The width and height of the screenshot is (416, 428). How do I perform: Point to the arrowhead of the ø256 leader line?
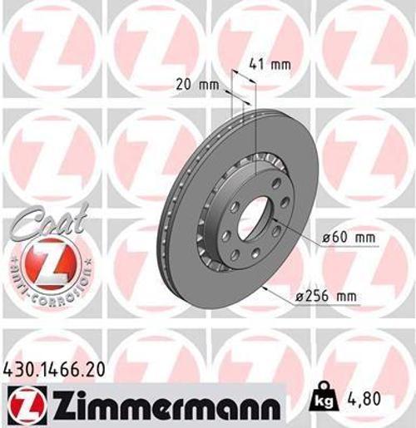coord(264,288)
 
